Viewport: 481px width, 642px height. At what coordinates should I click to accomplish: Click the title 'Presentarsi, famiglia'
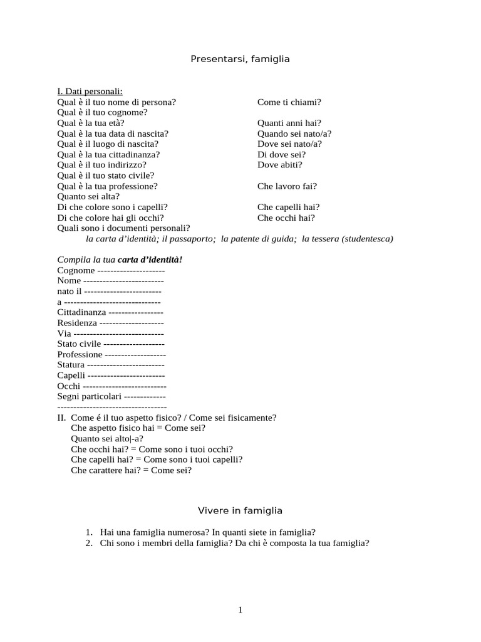pos(240,59)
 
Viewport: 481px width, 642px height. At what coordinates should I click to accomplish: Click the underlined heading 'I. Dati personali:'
pos(90,92)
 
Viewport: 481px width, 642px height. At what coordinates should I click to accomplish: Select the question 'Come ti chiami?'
pos(289,102)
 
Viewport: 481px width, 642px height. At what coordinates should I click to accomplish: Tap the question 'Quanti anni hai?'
pos(289,123)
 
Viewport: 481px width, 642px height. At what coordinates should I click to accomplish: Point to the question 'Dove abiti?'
pos(279,165)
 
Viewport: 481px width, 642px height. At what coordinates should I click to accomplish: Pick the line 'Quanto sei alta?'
pos(88,196)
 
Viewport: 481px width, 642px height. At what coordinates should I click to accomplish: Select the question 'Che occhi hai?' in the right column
pos(286,218)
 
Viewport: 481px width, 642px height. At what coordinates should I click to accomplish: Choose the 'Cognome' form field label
pos(76,270)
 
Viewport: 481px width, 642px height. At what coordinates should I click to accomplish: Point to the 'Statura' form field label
pos(71,365)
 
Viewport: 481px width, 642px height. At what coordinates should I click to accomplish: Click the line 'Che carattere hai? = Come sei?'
pos(131,470)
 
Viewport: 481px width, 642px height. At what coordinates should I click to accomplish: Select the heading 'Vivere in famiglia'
pos(240,510)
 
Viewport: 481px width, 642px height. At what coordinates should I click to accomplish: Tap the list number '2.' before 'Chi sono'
pos(89,544)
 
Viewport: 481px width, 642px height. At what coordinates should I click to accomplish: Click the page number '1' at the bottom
pos(240,611)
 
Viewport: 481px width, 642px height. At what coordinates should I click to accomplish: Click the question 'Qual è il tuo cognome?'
pos(102,113)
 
